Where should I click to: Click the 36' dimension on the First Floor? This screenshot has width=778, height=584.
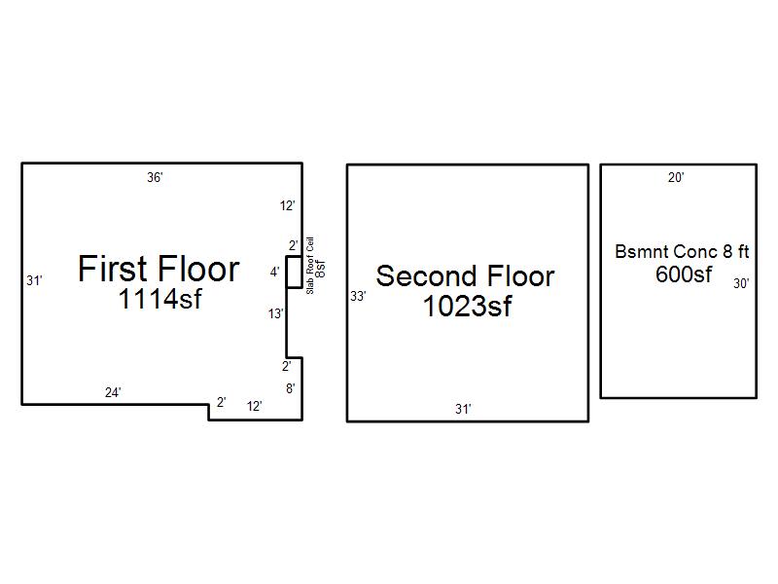pyautogui.click(x=155, y=177)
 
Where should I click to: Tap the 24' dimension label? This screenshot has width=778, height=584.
pyautogui.click(x=113, y=392)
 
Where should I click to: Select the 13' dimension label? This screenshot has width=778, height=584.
pyautogui.click(x=276, y=313)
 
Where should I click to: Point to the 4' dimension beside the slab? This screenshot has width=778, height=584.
pyautogui.click(x=275, y=273)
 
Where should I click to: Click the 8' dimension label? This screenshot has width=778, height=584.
pyautogui.click(x=291, y=388)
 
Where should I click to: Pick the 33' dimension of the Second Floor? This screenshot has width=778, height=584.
pyautogui.click(x=358, y=297)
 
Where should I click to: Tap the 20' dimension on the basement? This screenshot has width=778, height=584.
pyautogui.click(x=676, y=177)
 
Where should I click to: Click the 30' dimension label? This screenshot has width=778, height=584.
pyautogui.click(x=741, y=283)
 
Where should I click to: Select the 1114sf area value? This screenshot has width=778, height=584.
pyautogui.click(x=160, y=299)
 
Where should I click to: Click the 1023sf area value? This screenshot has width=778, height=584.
pyautogui.click(x=468, y=306)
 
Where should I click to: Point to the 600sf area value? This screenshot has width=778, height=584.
pyautogui.click(x=684, y=274)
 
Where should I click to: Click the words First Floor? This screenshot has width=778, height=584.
pyautogui.click(x=159, y=269)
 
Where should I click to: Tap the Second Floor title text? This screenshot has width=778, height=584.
pyautogui.click(x=466, y=276)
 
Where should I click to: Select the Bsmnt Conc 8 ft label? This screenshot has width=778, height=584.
pyautogui.click(x=683, y=252)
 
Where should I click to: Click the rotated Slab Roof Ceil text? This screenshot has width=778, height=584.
pyautogui.click(x=310, y=266)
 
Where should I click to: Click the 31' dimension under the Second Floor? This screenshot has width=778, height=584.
pyautogui.click(x=464, y=409)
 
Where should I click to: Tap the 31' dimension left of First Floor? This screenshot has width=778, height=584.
pyautogui.click(x=35, y=280)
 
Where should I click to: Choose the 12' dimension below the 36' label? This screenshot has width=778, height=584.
pyautogui.click(x=288, y=205)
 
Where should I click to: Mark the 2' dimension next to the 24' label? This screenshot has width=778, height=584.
pyautogui.click(x=222, y=402)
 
